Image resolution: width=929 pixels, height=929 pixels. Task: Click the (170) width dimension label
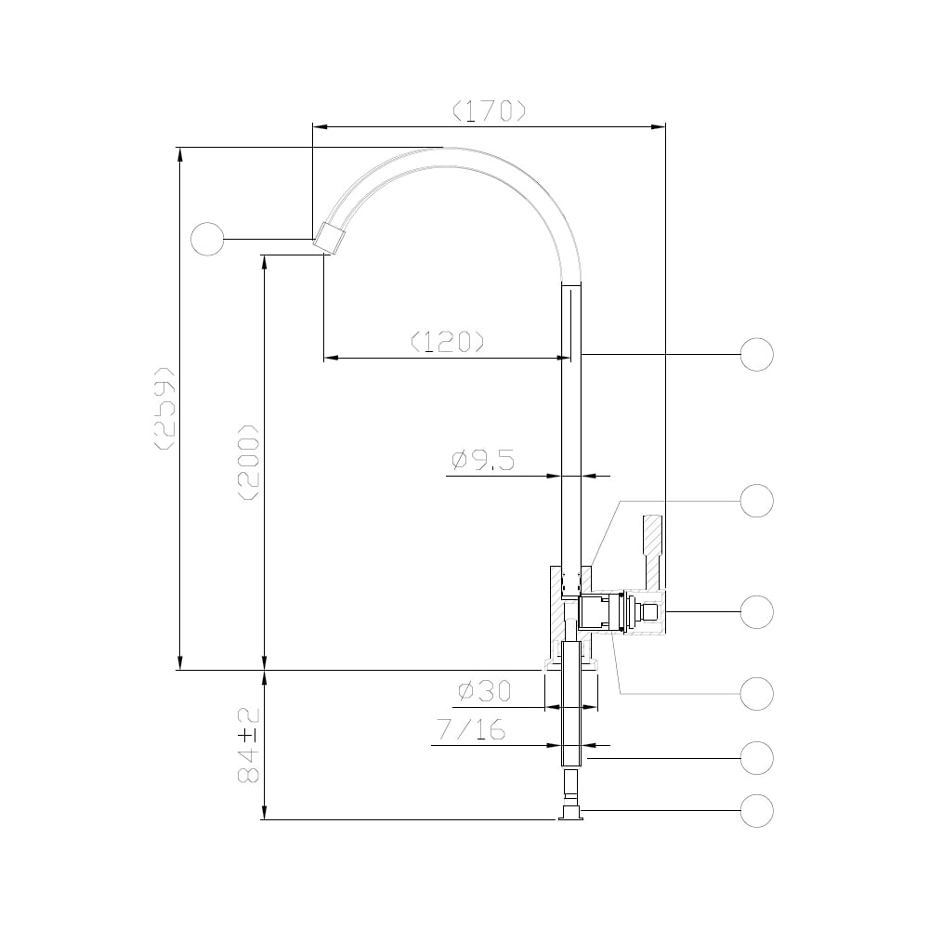(489, 111)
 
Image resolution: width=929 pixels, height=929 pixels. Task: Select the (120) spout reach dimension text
(448, 341)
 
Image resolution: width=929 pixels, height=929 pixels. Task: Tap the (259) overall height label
(164, 408)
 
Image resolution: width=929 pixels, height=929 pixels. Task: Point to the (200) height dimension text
(248, 462)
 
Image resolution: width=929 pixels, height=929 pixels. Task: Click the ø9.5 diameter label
(482, 461)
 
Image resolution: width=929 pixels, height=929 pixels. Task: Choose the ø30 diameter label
(484, 691)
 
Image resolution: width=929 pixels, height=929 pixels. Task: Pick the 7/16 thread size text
(472, 730)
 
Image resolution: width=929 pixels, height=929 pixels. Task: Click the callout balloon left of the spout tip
(207, 240)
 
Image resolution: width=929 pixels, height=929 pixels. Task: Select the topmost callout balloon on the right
(756, 355)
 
